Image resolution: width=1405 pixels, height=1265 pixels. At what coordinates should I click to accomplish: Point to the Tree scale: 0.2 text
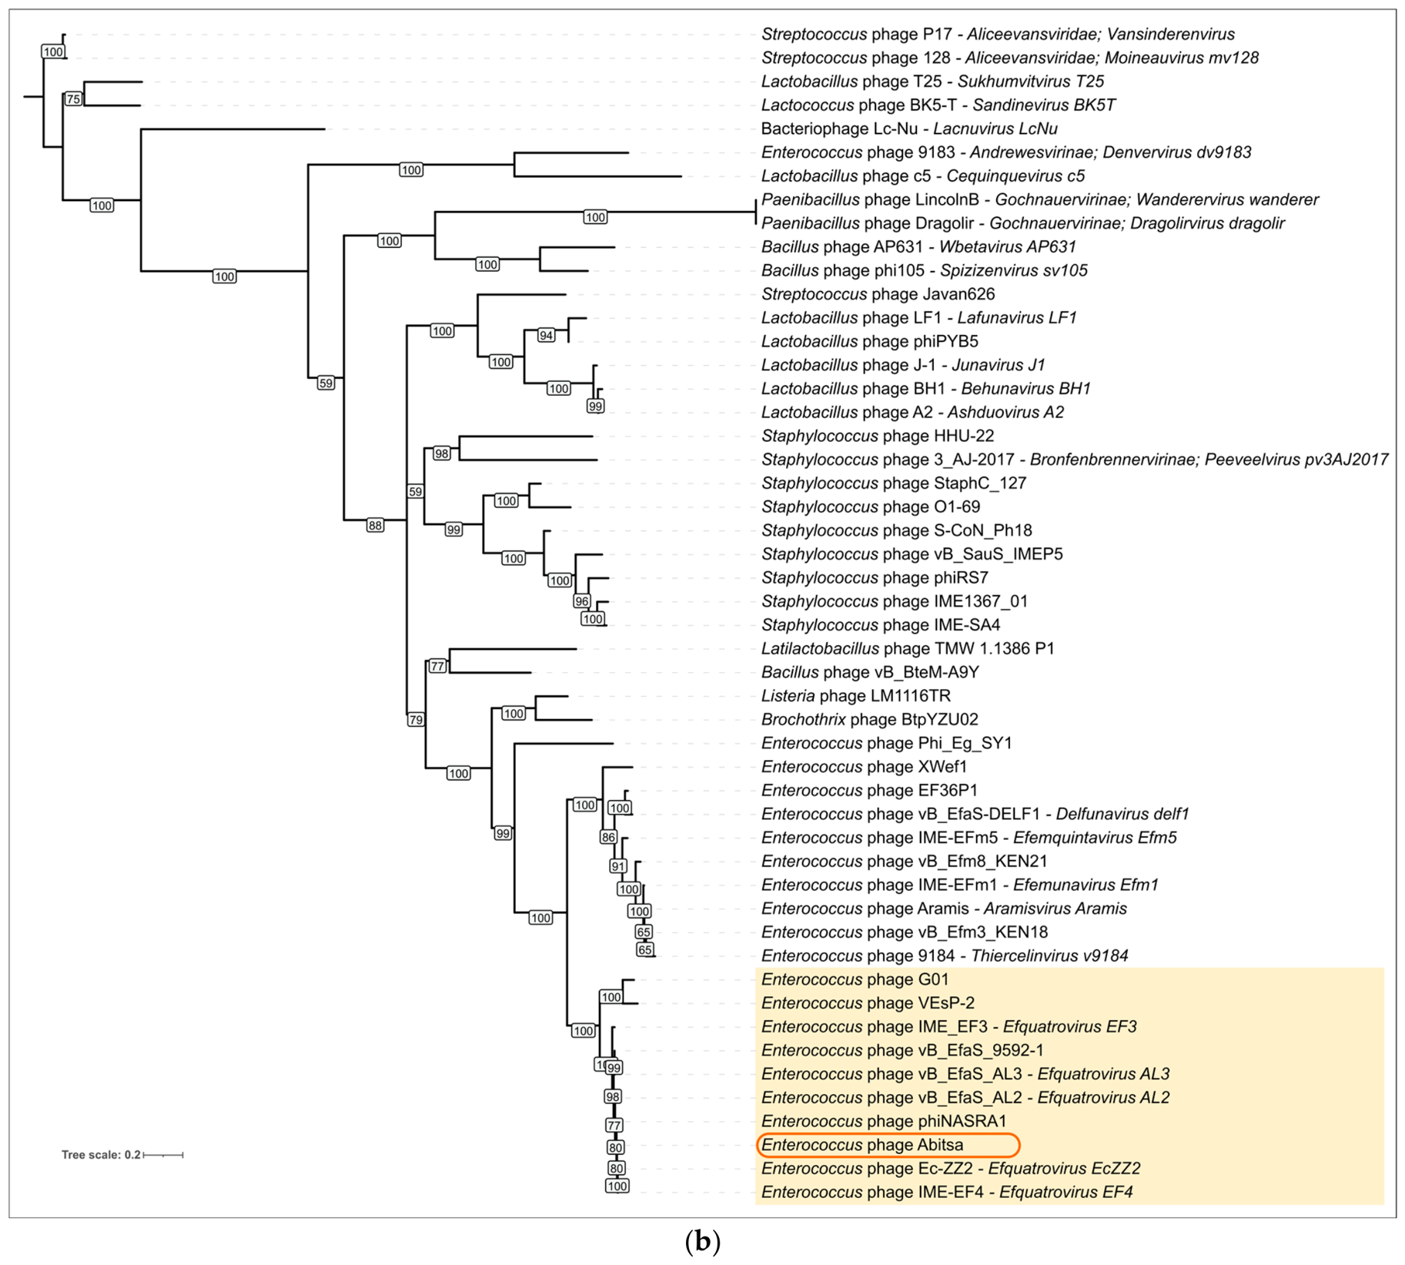click(101, 1155)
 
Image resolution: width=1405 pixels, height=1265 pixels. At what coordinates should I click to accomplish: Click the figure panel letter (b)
click(702, 1241)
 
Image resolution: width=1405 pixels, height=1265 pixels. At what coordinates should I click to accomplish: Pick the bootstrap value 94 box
click(546, 335)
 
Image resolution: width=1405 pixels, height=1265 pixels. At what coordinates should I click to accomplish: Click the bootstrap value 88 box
click(375, 526)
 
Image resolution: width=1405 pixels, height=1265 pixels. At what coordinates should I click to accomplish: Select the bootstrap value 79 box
click(416, 720)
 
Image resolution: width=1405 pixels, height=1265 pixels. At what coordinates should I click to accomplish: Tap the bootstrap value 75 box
click(73, 99)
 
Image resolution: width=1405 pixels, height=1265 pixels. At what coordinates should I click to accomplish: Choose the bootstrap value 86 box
click(608, 837)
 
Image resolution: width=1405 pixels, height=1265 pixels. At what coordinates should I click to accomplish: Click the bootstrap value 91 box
click(618, 866)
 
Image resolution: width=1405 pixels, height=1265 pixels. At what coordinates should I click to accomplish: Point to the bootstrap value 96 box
click(581, 601)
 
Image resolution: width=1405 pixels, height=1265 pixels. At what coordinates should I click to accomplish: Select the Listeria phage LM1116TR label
click(856, 696)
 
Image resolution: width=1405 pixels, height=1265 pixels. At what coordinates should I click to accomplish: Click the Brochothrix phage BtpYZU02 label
click(870, 719)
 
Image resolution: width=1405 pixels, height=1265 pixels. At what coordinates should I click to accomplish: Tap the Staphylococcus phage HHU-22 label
click(878, 436)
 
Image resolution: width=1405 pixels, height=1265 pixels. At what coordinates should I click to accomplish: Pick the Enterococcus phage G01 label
click(855, 979)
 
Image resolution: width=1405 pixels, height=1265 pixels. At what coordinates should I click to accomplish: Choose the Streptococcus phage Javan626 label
click(878, 294)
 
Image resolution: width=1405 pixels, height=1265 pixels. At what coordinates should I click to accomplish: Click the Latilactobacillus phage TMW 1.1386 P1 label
click(908, 648)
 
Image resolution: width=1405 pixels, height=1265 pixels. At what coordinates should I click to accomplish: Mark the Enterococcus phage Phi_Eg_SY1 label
click(887, 743)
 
